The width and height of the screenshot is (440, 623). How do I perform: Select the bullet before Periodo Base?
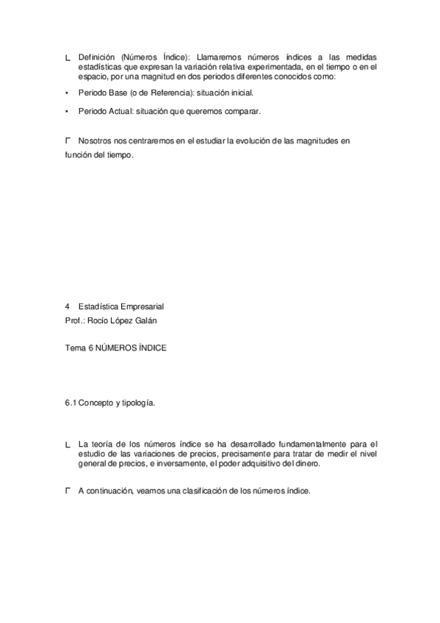[x=67, y=93]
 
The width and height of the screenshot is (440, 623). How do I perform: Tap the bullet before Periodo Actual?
[x=67, y=112]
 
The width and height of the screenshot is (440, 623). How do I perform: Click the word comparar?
[x=242, y=112]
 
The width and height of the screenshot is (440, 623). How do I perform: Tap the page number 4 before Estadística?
[x=67, y=307]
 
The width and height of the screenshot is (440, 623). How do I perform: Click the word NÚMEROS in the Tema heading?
[x=117, y=349]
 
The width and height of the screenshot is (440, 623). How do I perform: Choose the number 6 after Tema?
[x=90, y=349]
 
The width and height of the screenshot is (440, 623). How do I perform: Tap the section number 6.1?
[x=71, y=404]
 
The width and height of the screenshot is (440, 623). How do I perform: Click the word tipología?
[x=139, y=404]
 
